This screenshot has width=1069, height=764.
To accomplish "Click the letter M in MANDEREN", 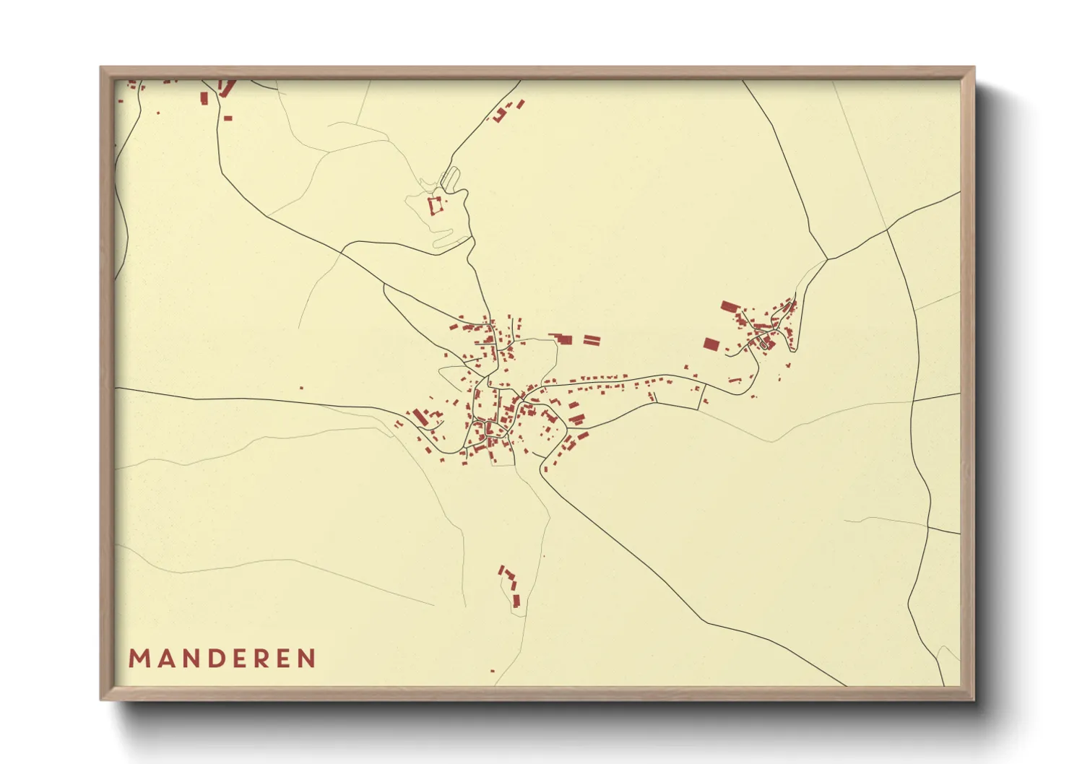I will pos(139,659).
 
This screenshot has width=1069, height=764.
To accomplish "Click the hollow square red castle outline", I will pos(435,205).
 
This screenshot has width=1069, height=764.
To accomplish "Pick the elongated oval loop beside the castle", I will pos(450,177).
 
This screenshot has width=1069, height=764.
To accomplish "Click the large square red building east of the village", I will pos(711,344).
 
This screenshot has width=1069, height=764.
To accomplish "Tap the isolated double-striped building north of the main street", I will pos(592,339).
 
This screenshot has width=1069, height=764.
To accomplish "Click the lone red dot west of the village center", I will pos(302,388).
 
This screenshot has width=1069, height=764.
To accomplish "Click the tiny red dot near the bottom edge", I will pos(493,671).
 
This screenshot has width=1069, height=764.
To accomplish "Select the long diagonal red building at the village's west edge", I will pos(420,417).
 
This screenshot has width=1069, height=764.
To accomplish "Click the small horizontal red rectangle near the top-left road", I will pos(228,118).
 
